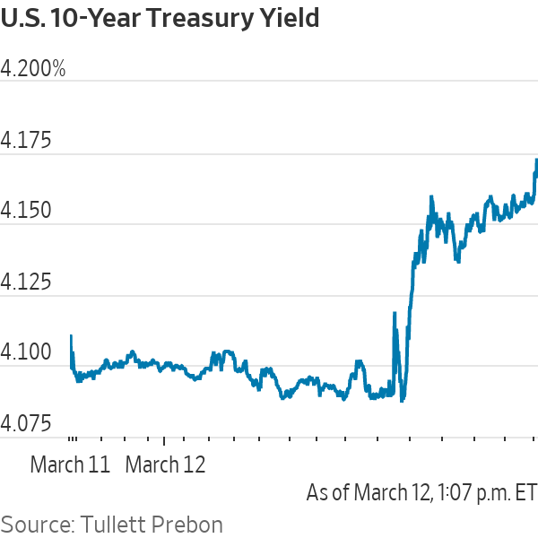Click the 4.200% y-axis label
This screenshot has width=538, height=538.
point(33,70)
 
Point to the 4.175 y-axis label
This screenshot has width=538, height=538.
point(26,141)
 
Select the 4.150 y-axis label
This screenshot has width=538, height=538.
point(26,212)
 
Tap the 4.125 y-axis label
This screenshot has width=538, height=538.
point(26,282)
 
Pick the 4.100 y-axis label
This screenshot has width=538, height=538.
point(26,352)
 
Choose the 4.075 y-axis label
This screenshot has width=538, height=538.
point(26,423)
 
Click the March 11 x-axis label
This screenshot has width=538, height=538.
point(70,465)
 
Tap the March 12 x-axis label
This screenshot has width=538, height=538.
point(165,465)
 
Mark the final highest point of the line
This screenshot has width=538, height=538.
point(536,160)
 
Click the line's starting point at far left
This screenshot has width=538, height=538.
point(71,336)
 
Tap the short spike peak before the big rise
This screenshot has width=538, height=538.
point(395,313)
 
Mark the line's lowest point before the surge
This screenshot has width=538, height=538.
point(402,400)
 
